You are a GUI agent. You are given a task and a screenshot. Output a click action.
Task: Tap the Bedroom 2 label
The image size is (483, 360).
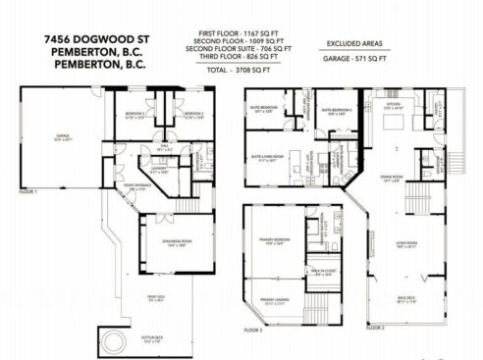click(192, 115)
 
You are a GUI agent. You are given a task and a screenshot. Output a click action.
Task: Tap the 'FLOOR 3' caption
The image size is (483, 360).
click(254, 331)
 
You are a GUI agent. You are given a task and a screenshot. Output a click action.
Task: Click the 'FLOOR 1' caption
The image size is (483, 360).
click(27, 192)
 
